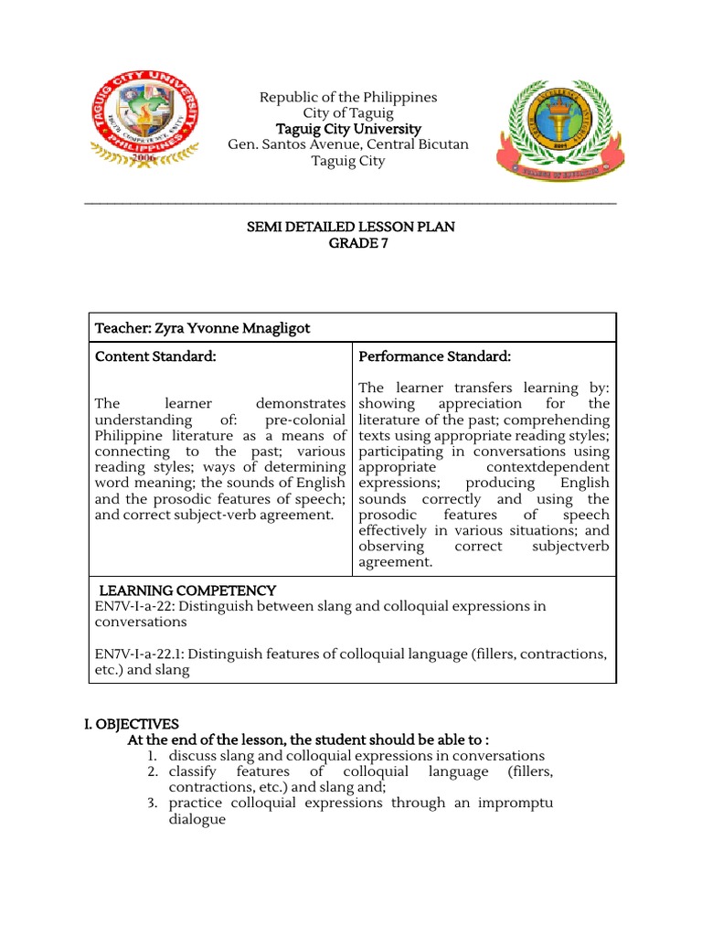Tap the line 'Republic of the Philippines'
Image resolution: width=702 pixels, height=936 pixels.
(348, 97)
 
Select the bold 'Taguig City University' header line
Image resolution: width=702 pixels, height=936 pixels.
(348, 129)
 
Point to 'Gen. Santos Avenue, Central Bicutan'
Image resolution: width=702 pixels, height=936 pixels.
(348, 144)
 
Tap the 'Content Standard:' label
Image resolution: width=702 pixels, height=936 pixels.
(155, 356)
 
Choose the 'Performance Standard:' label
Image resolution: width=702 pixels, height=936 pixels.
(435, 356)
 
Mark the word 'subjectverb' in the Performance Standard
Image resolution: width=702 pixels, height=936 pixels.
(569, 547)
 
